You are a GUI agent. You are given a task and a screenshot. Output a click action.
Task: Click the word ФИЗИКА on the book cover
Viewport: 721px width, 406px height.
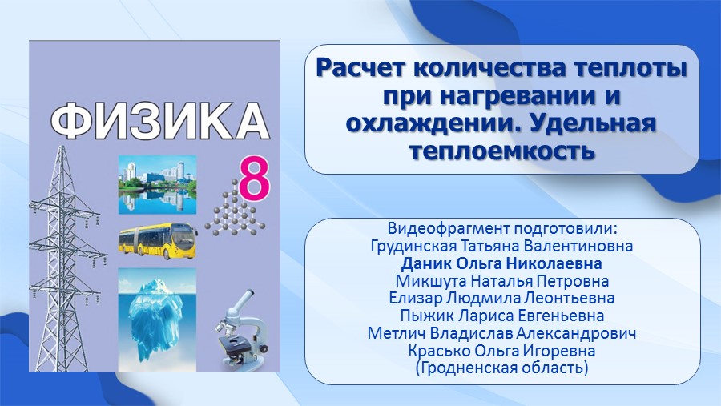(159, 122)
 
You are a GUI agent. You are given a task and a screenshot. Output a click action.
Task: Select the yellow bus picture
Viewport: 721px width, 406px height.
(158, 241)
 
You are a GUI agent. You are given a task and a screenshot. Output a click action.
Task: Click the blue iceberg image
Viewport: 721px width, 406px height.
(157, 320)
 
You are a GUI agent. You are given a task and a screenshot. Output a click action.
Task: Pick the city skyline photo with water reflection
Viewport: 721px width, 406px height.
(157, 185)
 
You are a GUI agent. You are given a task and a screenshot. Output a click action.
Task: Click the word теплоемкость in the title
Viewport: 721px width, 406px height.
(502, 150)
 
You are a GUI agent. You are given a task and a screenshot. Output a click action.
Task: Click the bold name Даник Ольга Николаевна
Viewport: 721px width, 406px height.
(501, 264)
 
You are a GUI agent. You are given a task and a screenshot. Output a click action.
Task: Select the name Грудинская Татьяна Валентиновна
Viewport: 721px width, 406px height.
(501, 246)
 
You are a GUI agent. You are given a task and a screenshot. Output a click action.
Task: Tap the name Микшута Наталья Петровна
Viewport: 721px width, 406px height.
(502, 281)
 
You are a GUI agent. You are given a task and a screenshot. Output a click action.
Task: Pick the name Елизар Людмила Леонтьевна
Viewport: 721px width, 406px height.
(501, 298)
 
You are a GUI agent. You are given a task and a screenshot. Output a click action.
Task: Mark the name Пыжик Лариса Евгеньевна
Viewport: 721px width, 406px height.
(502, 316)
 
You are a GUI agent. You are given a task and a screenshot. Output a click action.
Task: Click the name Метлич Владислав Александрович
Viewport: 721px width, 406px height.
(501, 333)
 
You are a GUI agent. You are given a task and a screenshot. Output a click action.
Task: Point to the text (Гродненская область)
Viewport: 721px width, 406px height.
(501, 368)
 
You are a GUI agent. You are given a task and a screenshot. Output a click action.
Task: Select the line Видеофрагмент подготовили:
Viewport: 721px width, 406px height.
(502, 228)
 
